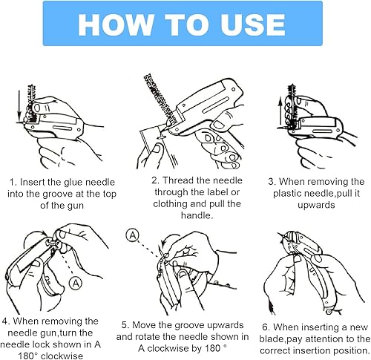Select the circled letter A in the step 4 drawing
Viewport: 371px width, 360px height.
(x=76, y=284)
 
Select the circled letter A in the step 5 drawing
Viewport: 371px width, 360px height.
(x=133, y=235)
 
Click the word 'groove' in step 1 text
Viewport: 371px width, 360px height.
(x=58, y=194)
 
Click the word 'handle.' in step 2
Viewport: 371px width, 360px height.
(x=197, y=215)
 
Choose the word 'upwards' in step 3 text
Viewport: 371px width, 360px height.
(x=316, y=205)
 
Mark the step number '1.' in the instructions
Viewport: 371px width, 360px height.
(x=13, y=183)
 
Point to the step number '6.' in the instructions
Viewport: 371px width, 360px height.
(x=266, y=327)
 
